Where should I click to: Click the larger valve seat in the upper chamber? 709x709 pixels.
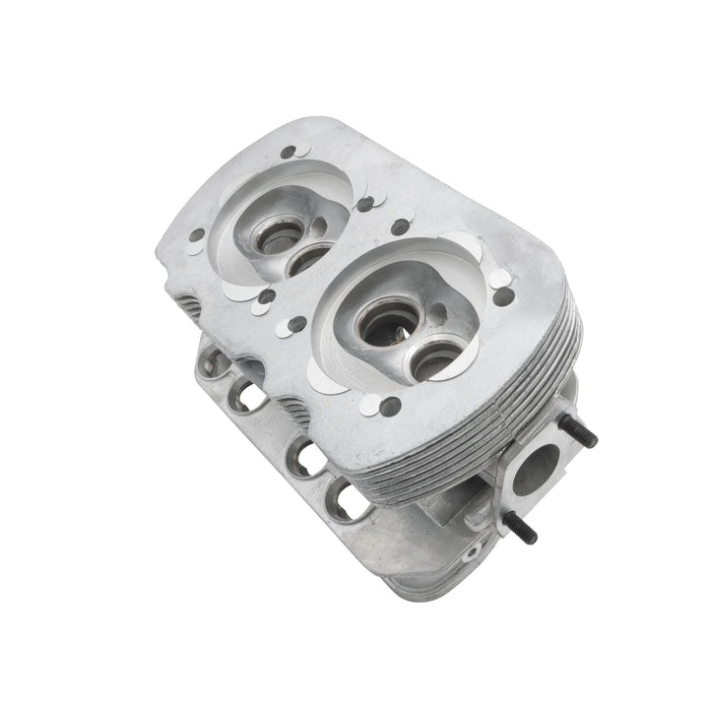(x=273, y=235)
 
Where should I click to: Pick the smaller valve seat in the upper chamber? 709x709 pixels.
(x=307, y=258)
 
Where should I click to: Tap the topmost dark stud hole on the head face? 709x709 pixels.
(x=288, y=153)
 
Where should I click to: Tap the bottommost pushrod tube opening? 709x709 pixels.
(x=349, y=501)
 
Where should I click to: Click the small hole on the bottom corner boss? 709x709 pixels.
(x=470, y=553)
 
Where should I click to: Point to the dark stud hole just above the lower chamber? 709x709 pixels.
(x=400, y=227)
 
